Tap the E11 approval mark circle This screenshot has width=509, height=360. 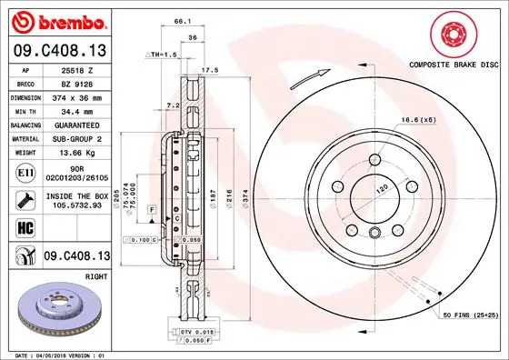26,172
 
